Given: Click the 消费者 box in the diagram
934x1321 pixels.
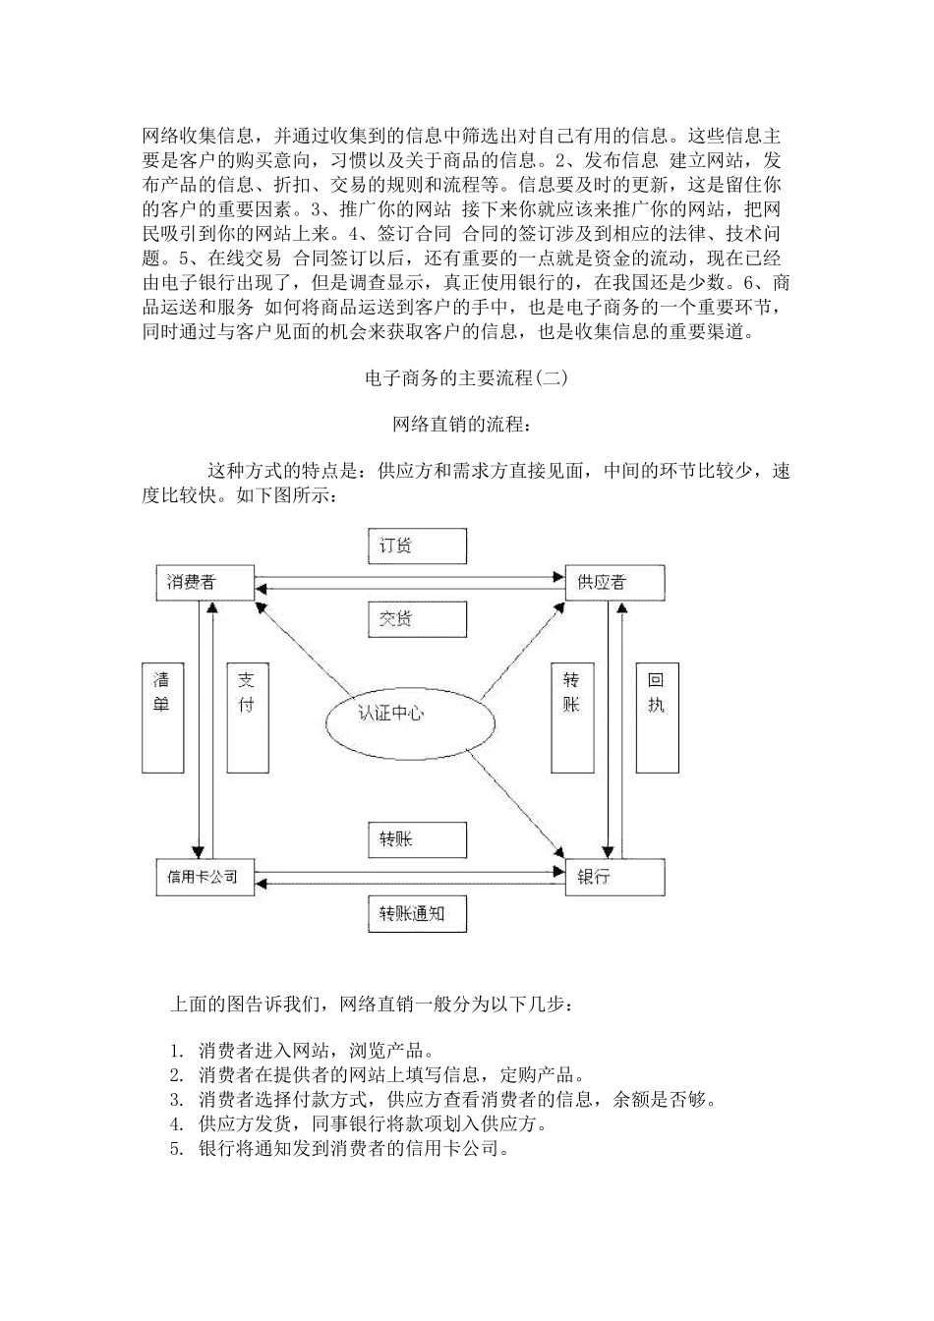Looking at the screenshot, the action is pyautogui.click(x=204, y=582).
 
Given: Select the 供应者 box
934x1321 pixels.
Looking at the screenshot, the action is pyautogui.click(x=614, y=583).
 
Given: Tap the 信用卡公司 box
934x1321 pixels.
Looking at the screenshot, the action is pyautogui.click(x=204, y=876).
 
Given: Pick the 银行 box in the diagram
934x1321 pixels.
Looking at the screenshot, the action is pyautogui.click(x=614, y=876).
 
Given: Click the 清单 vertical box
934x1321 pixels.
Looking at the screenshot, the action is pyautogui.click(x=163, y=716).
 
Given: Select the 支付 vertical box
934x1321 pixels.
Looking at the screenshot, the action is pyautogui.click(x=248, y=716).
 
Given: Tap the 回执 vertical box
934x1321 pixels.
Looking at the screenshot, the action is pyautogui.click(x=657, y=716).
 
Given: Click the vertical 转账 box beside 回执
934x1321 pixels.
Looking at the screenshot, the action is pyautogui.click(x=572, y=716).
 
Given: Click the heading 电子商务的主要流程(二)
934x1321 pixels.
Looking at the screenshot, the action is pyautogui.click(x=466, y=377).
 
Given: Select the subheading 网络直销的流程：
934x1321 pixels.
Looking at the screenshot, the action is pyautogui.click(x=466, y=425).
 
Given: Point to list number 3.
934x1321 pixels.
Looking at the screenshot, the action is pyautogui.click(x=177, y=1099).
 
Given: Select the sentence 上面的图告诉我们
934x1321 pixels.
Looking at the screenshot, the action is pyautogui.click(x=370, y=1005).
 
